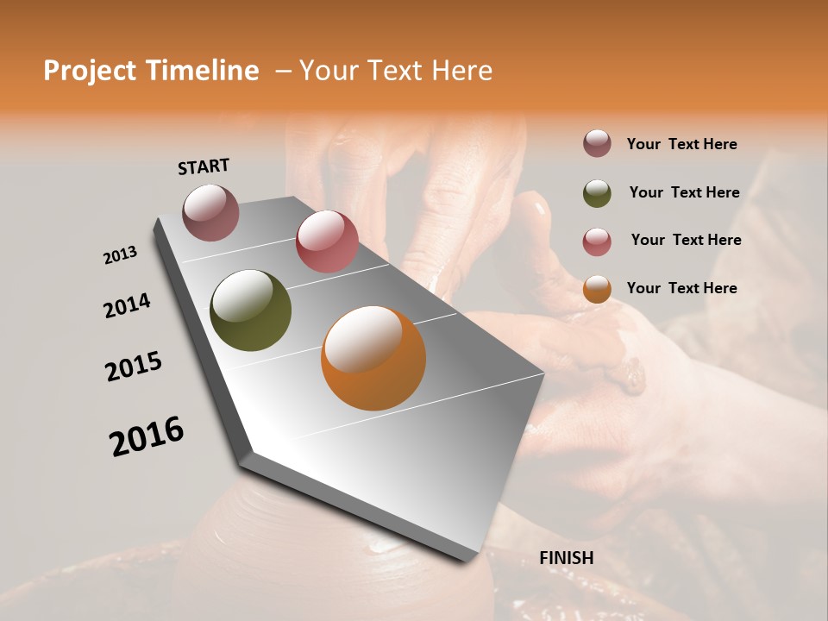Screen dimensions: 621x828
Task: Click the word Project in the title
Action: click(89, 71)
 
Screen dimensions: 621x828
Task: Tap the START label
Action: click(204, 166)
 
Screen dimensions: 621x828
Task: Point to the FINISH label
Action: click(567, 558)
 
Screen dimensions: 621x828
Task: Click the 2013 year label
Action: click(120, 255)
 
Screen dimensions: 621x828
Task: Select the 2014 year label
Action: click(127, 305)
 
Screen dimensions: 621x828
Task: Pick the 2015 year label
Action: click(134, 367)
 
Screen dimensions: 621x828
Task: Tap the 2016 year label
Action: click(147, 436)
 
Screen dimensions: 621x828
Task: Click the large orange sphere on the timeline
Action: click(373, 358)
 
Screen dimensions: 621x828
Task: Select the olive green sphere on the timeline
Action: click(250, 310)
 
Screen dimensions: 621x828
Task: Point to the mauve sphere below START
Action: click(210, 212)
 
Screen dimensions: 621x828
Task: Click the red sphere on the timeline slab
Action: click(327, 241)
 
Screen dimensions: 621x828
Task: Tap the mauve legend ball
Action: click(597, 144)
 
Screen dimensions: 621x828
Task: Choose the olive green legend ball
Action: click(597, 193)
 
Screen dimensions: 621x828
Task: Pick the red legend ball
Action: click(597, 241)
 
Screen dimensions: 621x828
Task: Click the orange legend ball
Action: click(597, 289)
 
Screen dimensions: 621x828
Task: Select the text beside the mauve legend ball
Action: click(681, 144)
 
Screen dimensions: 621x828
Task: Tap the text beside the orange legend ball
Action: click(681, 288)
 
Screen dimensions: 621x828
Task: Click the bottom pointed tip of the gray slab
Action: click(472, 559)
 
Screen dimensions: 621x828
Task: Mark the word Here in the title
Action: click(461, 71)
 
